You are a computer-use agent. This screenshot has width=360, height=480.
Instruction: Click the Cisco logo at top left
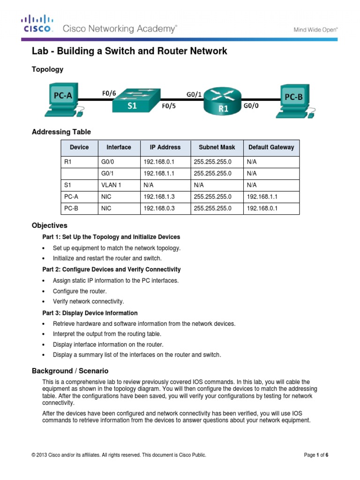[x=37, y=24]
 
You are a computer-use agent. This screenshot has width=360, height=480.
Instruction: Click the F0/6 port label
[x=109, y=93]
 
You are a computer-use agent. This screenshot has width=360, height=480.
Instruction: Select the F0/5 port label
[x=169, y=106]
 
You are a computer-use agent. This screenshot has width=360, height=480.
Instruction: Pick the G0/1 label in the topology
[x=194, y=94]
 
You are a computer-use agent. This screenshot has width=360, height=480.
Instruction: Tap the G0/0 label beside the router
[x=250, y=106]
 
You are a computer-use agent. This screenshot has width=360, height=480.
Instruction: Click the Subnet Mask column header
[x=217, y=147]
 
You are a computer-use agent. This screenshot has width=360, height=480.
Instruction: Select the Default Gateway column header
[x=271, y=147]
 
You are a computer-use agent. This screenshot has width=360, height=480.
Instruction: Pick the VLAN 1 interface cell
[x=111, y=185]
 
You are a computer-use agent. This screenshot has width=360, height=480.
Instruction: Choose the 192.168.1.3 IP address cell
[x=158, y=197]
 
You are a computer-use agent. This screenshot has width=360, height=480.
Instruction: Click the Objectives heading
[x=49, y=225]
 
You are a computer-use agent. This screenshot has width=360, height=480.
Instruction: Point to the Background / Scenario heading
[x=70, y=371]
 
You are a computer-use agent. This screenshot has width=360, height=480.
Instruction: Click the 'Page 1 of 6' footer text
[x=316, y=455]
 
